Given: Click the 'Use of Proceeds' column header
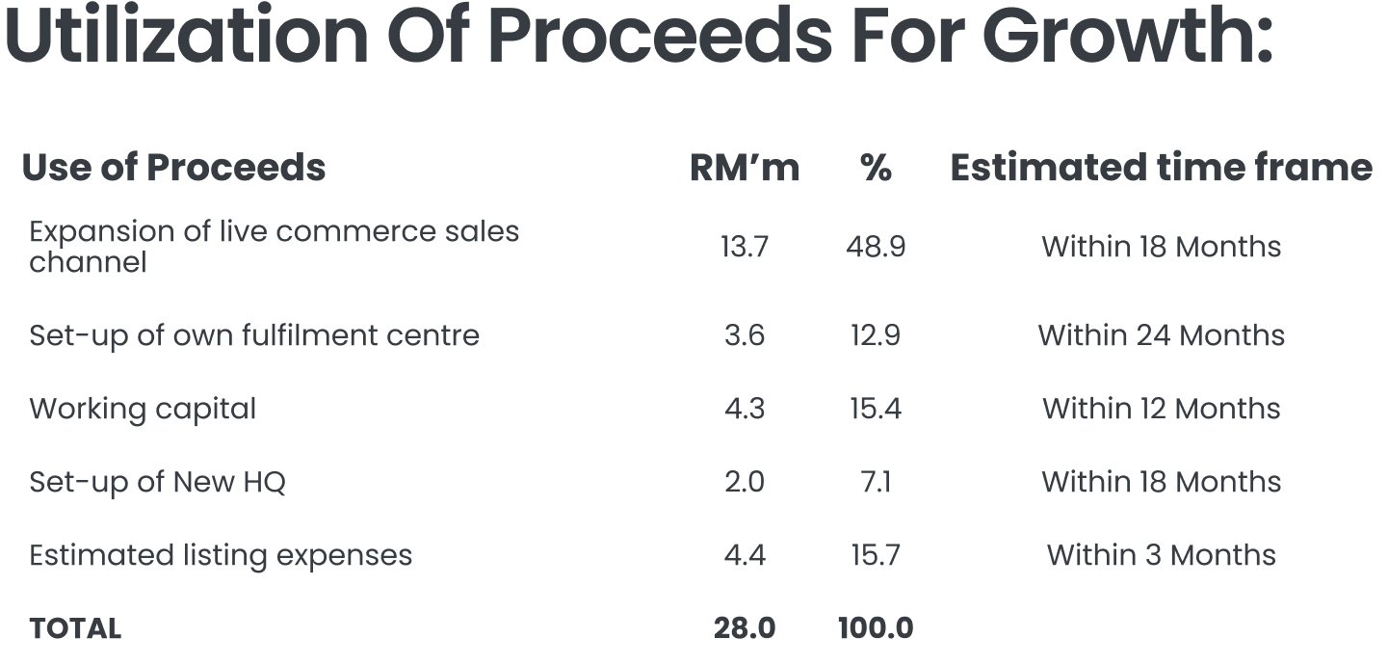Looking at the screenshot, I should pyautogui.click(x=173, y=168).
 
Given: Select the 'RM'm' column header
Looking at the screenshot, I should pyautogui.click(x=744, y=168).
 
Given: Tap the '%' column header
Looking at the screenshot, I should pyautogui.click(x=875, y=168).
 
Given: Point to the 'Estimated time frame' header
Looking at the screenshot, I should pyautogui.click(x=1161, y=168).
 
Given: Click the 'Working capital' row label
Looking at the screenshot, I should pyautogui.click(x=143, y=409).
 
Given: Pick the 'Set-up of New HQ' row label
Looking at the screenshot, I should pyautogui.click(x=157, y=482).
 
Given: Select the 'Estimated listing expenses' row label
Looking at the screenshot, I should pyautogui.click(x=221, y=555).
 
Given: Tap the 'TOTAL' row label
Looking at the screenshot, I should pyautogui.click(x=75, y=628).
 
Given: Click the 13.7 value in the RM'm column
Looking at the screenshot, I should pyautogui.click(x=744, y=247).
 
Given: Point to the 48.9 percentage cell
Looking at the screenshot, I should pyautogui.click(x=875, y=247).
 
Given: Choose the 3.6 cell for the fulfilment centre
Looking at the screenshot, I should pyautogui.click(x=744, y=335).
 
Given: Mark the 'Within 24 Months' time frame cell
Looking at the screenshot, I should pyautogui.click(x=1161, y=335).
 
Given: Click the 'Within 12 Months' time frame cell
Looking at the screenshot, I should pyautogui.click(x=1161, y=409).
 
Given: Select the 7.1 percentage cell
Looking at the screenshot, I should pyautogui.click(x=875, y=482).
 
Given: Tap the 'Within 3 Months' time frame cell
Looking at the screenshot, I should pyautogui.click(x=1161, y=555).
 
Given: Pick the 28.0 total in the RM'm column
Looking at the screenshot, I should pyautogui.click(x=744, y=628).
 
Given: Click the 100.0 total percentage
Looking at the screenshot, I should pyautogui.click(x=875, y=628).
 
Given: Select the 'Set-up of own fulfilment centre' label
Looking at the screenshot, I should pyautogui.click(x=254, y=335).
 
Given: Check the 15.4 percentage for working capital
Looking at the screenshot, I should pyautogui.click(x=875, y=409).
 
